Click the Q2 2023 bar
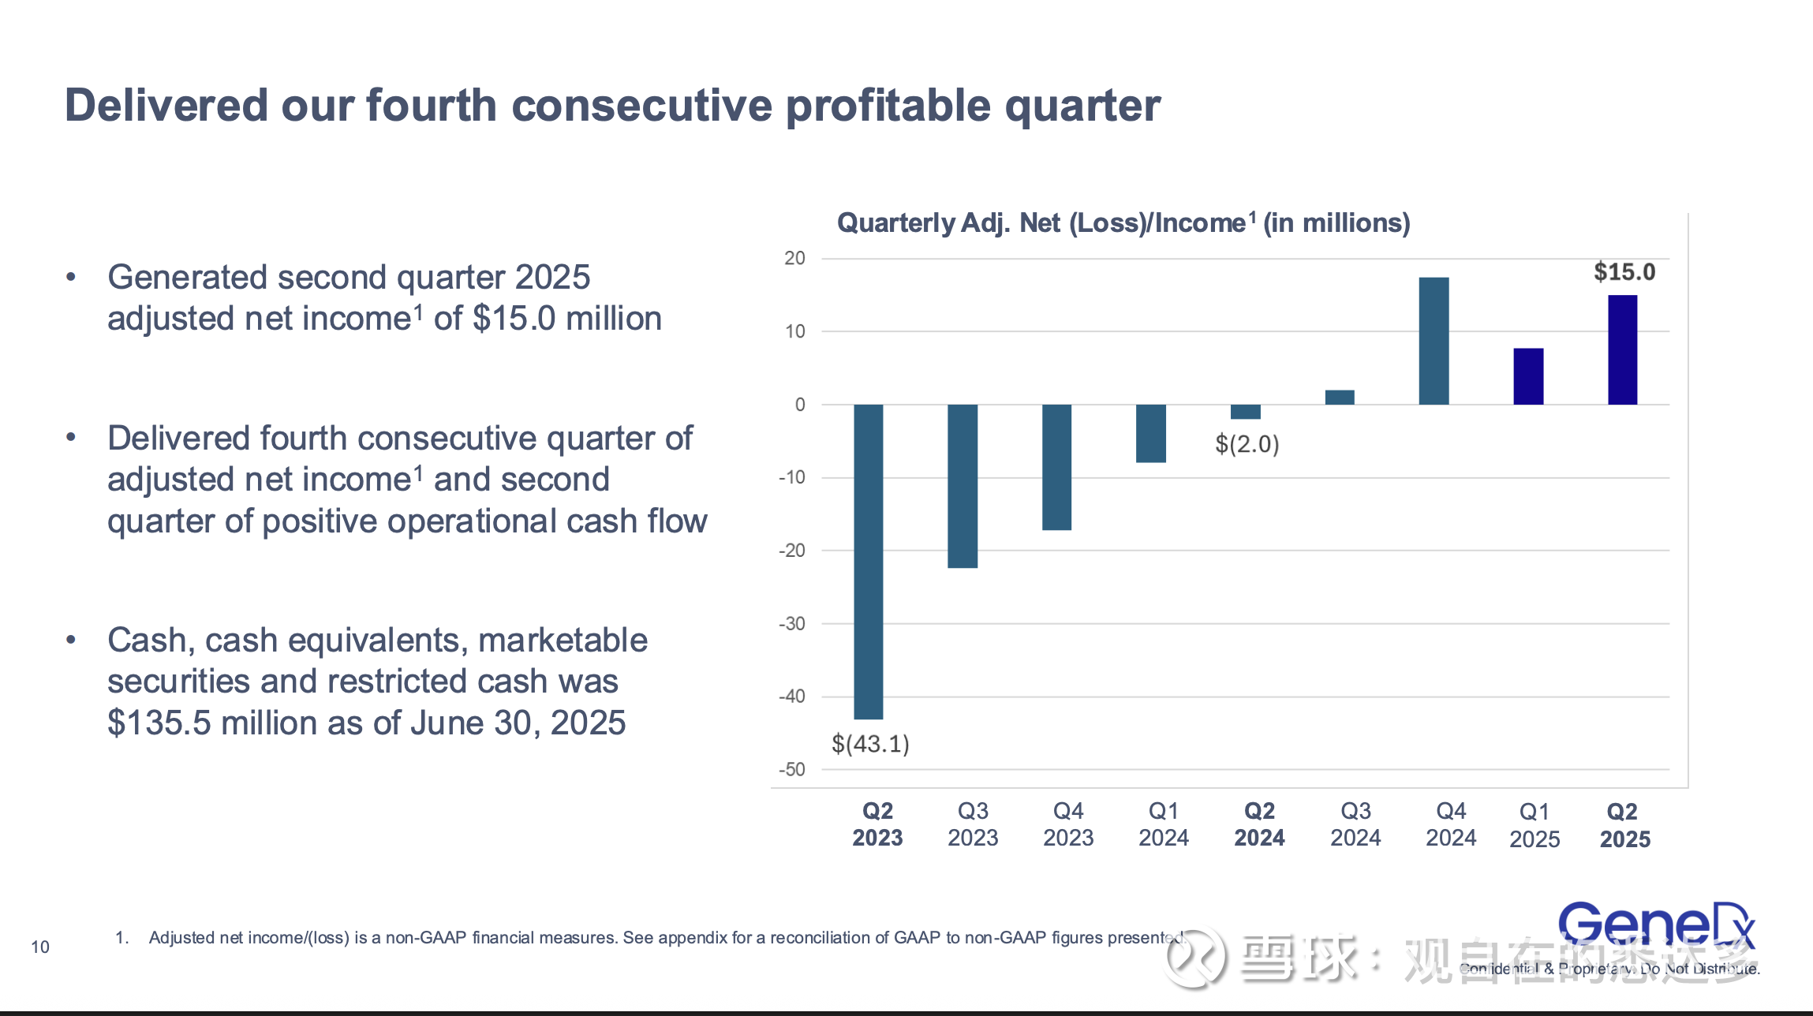[868, 561]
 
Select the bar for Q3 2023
[962, 486]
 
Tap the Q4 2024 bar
[1434, 341]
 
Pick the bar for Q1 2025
[1528, 376]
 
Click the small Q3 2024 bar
[1340, 398]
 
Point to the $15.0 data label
[1624, 272]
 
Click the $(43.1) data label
[870, 744]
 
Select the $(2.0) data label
[1247, 444]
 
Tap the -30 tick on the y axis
[792, 624]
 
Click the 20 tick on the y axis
[794, 258]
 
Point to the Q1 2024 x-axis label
[1164, 824]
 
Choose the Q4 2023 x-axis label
[1068, 824]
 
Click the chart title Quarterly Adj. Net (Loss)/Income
[1123, 223]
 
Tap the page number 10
[40, 947]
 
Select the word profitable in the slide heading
[888, 106]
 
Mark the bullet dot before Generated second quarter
[71, 277]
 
